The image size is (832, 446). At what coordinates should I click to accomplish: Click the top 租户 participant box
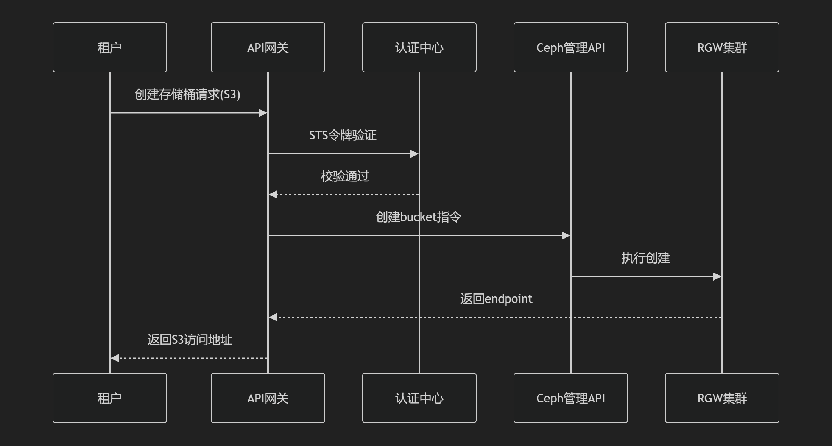(110, 47)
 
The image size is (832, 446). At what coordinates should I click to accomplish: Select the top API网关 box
(268, 47)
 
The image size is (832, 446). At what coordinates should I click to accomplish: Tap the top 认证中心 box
(419, 47)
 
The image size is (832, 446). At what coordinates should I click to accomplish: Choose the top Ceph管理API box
(570, 47)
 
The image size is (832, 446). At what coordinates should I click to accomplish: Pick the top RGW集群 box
(722, 47)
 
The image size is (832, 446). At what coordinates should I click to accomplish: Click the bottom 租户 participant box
(110, 398)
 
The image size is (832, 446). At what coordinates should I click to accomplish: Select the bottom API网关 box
(268, 398)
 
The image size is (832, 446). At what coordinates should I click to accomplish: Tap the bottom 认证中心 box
(419, 398)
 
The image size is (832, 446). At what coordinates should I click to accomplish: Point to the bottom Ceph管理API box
(570, 398)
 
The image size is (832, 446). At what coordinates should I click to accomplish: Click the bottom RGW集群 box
(722, 398)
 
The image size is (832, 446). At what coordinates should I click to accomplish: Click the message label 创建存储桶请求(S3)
(187, 94)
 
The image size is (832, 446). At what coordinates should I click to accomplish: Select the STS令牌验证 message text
(343, 135)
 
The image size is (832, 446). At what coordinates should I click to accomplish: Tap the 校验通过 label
(345, 176)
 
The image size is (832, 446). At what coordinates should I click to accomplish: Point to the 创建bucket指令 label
(418, 217)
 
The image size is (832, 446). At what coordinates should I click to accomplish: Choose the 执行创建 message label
(645, 258)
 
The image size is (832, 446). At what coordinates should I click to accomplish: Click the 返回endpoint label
(496, 299)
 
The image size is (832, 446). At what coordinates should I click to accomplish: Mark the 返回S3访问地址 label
(190, 340)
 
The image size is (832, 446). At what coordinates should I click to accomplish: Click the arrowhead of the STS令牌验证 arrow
(414, 154)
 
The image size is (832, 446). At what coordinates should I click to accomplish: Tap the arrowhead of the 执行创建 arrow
(717, 276)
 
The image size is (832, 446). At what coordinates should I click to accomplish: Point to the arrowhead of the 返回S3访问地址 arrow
(115, 358)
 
